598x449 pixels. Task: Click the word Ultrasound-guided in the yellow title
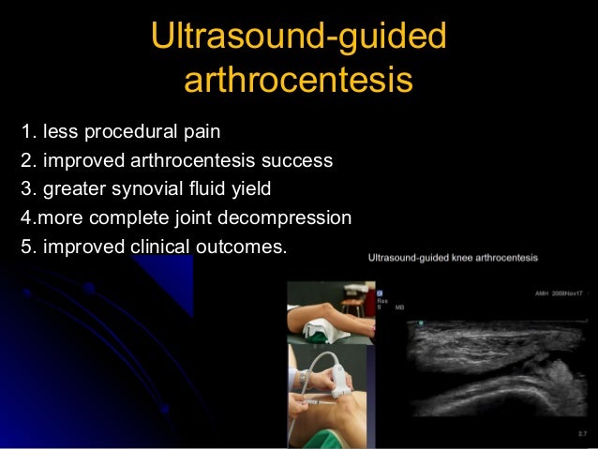[298, 37]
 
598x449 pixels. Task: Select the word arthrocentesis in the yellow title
[298, 81]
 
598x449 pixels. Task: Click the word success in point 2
[299, 160]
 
